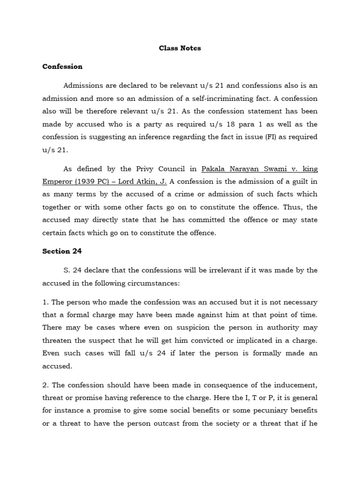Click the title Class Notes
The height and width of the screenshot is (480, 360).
[180, 48]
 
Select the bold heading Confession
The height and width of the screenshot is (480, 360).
[62, 67]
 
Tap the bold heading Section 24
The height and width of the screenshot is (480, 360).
[62, 251]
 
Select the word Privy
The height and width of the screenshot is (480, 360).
[136, 169]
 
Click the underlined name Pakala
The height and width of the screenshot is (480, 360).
[213, 169]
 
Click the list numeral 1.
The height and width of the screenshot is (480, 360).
[44, 302]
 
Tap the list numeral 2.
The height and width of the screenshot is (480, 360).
[45, 385]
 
